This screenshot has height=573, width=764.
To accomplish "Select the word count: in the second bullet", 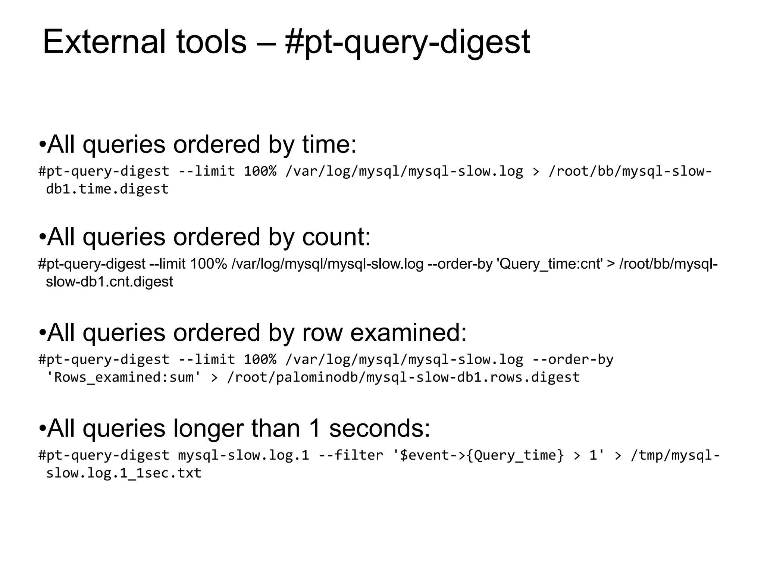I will (336, 237).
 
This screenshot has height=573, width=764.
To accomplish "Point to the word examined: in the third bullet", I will (408, 332).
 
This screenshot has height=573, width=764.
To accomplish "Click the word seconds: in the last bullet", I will (380, 428).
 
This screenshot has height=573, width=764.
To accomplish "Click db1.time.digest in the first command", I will (107, 189).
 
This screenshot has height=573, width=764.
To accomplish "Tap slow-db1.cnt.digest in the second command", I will (109, 282).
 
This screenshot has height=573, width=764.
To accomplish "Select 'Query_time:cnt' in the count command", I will (550, 264).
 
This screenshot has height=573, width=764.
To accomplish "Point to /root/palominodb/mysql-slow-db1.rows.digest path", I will (403, 377).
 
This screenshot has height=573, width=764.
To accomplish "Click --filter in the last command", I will (351, 455).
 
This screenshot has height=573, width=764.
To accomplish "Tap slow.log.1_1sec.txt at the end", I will (123, 473).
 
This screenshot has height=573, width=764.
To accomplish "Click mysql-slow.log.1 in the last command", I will (244, 455).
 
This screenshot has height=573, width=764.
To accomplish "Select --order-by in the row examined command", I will (573, 360).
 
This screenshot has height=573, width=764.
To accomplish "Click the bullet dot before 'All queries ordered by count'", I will (42, 237).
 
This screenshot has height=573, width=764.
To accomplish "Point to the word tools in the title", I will (211, 42).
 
